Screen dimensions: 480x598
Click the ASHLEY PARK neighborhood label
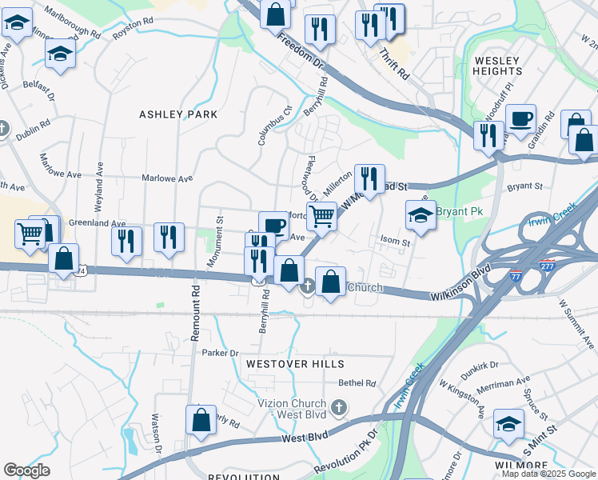click(x=178, y=114)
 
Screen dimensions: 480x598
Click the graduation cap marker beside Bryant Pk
click(x=421, y=215)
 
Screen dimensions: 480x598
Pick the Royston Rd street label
click(x=133, y=25)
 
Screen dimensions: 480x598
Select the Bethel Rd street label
click(x=357, y=383)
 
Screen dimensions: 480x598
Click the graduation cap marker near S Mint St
click(x=508, y=425)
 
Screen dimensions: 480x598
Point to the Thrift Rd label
click(x=394, y=62)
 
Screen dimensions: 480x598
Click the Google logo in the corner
click(x=26, y=470)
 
